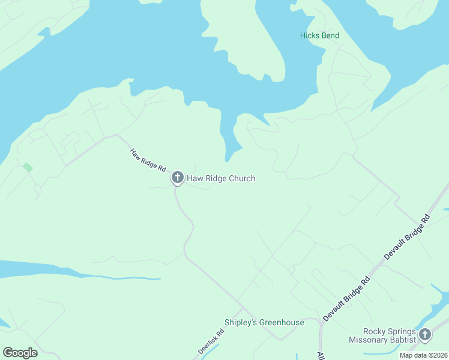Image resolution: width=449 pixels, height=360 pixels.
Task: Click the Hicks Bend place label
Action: coord(319,35)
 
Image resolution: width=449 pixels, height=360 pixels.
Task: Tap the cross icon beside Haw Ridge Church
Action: coord(177,178)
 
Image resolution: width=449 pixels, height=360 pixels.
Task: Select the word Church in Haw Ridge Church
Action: coord(241,178)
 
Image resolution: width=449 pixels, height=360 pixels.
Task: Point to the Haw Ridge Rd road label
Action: coord(148,161)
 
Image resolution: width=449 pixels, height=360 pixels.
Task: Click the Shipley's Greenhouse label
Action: coord(264,322)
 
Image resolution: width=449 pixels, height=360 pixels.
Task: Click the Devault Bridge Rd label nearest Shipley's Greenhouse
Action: coord(347,298)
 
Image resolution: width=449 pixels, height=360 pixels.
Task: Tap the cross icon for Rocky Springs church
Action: coord(425,335)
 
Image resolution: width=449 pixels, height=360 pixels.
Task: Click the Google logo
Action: coord(20,353)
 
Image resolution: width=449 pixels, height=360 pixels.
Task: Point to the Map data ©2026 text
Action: coord(424,355)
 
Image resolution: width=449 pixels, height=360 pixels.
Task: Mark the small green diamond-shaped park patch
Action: coord(27,167)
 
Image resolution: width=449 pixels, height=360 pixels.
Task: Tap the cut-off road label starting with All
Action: coord(321,355)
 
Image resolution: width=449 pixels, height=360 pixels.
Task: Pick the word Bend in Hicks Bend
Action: coord(330,35)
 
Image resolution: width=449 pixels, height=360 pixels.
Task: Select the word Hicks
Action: coord(310,35)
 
